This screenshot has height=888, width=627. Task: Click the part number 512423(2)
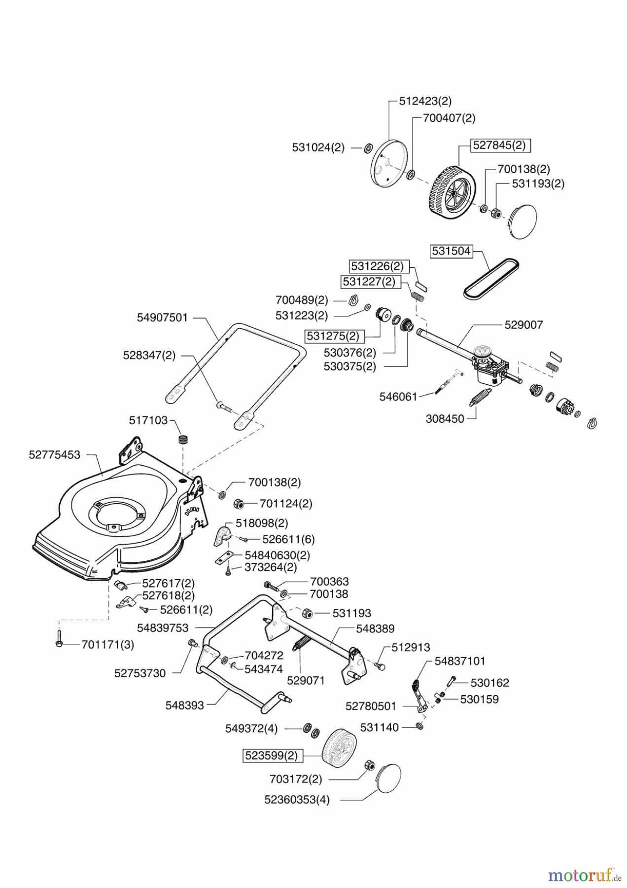(425, 101)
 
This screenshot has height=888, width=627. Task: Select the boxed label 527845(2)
(499, 145)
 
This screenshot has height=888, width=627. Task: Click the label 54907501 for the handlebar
(162, 318)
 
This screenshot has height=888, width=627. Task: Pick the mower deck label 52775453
(54, 455)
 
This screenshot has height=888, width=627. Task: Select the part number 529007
(523, 325)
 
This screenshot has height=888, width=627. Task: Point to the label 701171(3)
(107, 644)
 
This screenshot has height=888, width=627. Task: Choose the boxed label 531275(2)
(333, 336)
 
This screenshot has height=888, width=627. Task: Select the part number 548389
(375, 629)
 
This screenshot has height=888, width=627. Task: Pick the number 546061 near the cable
(398, 396)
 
